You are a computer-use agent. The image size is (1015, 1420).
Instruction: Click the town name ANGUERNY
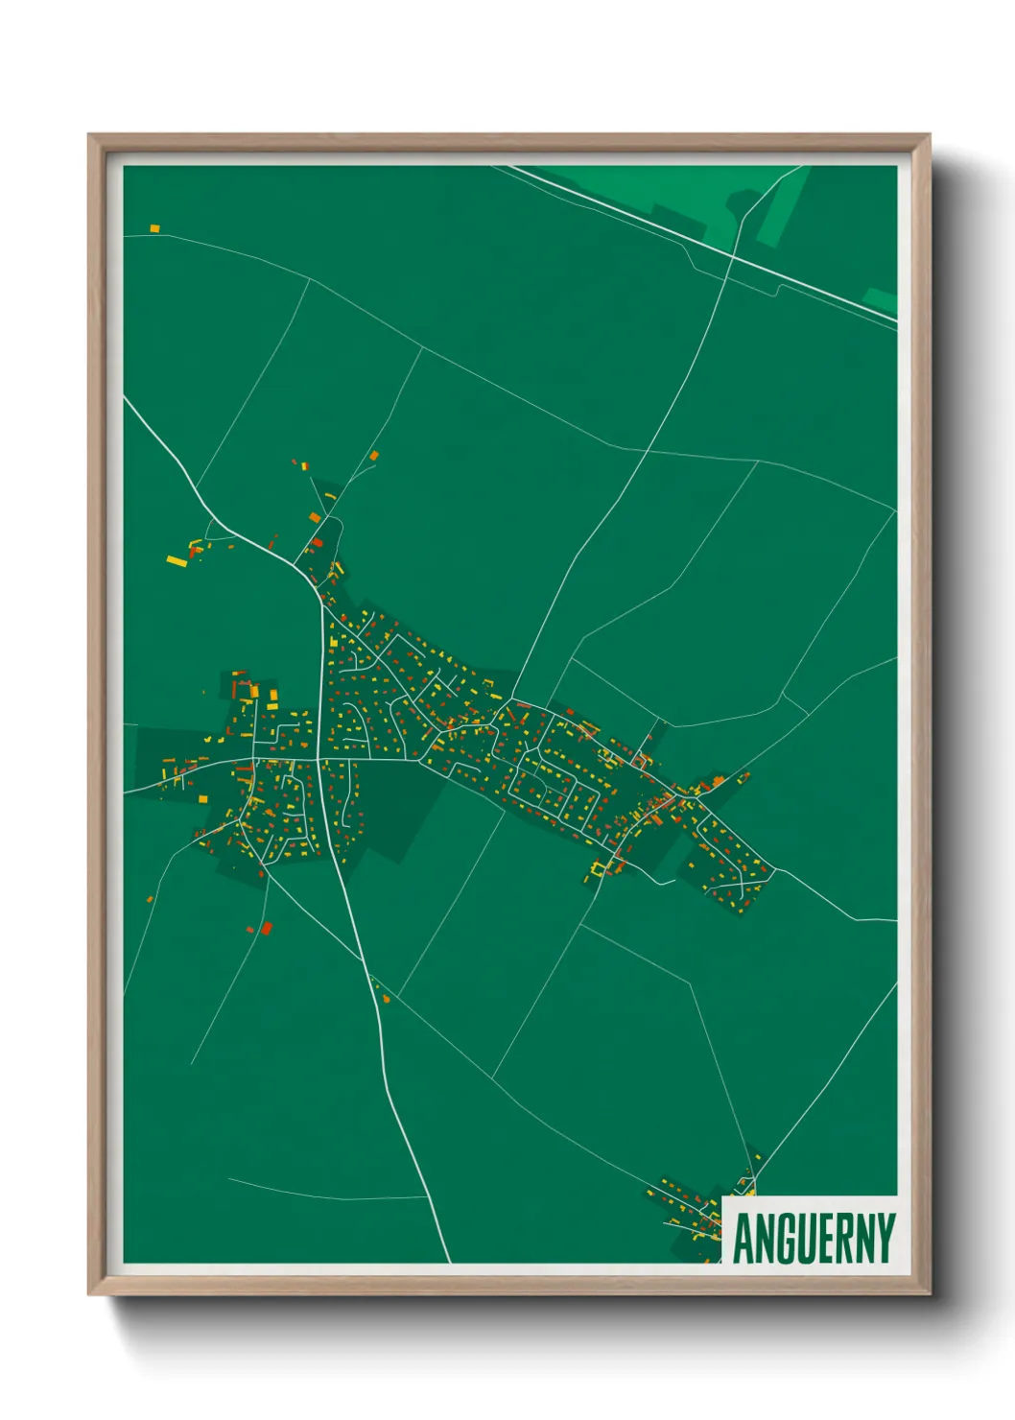click(814, 1238)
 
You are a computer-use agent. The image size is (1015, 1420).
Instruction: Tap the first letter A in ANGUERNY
click(744, 1238)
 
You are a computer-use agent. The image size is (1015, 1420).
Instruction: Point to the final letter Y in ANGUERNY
click(885, 1238)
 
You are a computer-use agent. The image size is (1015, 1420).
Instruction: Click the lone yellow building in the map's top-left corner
click(153, 228)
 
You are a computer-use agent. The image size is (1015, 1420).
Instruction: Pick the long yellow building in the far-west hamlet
click(177, 560)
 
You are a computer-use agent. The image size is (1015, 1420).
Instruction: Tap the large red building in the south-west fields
click(267, 927)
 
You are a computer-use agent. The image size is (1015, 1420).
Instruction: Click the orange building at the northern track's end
click(374, 456)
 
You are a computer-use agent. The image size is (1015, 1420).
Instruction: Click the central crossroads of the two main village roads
click(319, 760)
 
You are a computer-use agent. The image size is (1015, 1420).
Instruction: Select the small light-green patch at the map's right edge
click(881, 299)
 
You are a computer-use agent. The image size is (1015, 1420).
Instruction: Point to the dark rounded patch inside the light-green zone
click(743, 202)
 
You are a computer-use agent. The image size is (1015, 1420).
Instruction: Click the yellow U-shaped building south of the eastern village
click(600, 869)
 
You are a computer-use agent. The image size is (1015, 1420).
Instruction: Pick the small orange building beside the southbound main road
click(387, 999)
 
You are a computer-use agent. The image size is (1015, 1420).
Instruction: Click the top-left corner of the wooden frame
click(89, 135)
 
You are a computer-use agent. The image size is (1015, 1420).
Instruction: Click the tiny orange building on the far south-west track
click(150, 899)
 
